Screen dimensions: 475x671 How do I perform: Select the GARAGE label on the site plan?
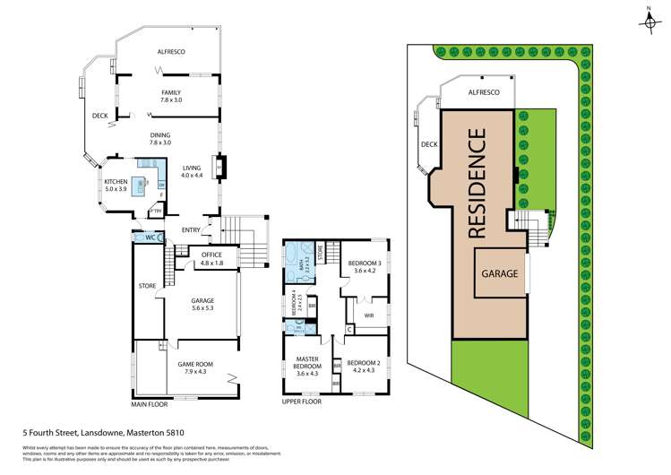pyautogui.click(x=501, y=272)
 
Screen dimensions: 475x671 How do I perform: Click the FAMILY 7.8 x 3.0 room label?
pyautogui.click(x=170, y=96)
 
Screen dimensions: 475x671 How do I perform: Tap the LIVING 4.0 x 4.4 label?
pyautogui.click(x=192, y=172)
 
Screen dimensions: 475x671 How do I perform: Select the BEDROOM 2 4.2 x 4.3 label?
pyautogui.click(x=365, y=366)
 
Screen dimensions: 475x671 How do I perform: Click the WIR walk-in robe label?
pyautogui.click(x=368, y=315)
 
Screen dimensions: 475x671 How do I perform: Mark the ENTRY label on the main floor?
pyautogui.click(x=190, y=230)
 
